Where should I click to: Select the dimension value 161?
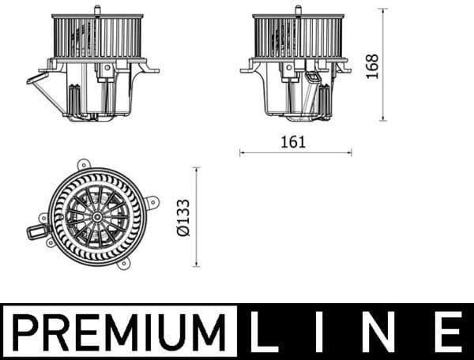tap(292, 142)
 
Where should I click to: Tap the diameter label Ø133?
tap(182, 218)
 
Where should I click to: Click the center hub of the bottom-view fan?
tap(96, 216)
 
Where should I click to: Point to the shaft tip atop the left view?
tap(96, 9)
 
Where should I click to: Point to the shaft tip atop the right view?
tap(298, 9)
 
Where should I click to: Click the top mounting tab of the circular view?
tap(83, 164)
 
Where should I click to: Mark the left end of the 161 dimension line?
tap(241, 152)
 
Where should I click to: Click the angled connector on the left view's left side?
tap(36, 77)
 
